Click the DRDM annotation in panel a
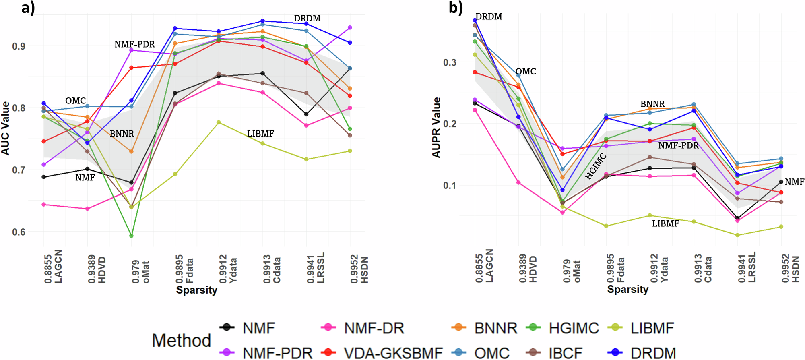[x=307, y=19]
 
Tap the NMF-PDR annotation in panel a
[x=134, y=44]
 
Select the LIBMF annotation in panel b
[x=665, y=223]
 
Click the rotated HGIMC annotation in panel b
[x=596, y=166]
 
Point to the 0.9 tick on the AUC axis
[x=19, y=46]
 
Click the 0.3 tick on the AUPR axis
[x=450, y=62]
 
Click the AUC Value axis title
[x=5, y=128]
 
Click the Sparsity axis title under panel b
[x=627, y=289]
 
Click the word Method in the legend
[x=181, y=341]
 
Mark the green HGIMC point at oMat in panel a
[x=131, y=236]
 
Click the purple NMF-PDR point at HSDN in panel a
[x=350, y=28]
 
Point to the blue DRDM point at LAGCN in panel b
[x=475, y=20]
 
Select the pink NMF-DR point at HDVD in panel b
[x=518, y=183]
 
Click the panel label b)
[x=456, y=7]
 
